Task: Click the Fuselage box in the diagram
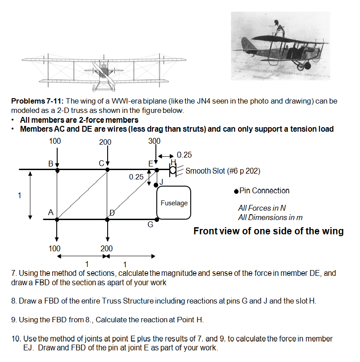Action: tap(174, 203)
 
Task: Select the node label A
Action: tap(51, 213)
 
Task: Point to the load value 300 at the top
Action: tap(154, 141)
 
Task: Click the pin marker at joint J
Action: tap(156, 184)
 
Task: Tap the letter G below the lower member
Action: tap(151, 225)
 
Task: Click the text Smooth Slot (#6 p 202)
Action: tap(222, 171)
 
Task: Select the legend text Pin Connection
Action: tap(264, 191)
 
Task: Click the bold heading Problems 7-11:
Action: tap(37, 101)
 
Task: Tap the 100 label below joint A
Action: tap(55, 248)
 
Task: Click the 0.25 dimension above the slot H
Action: tap(184, 155)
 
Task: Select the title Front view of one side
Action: tap(268, 231)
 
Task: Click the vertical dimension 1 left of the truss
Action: tap(19, 195)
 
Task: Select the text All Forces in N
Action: tap(262, 208)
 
